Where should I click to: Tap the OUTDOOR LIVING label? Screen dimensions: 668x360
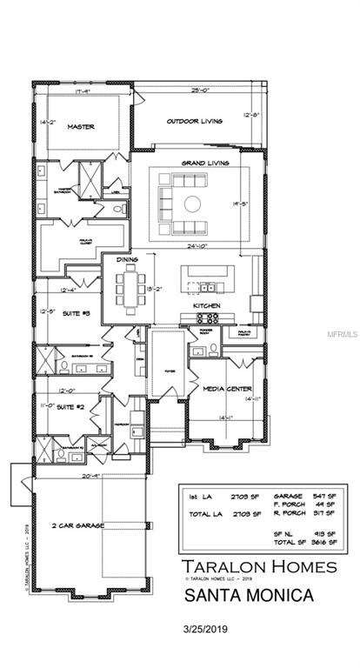coord(194,121)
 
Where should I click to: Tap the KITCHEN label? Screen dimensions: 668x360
coord(205,307)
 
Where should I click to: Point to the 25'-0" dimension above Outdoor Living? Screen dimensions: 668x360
coord(200,90)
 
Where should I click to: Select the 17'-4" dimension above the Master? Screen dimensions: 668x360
coord(83,90)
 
